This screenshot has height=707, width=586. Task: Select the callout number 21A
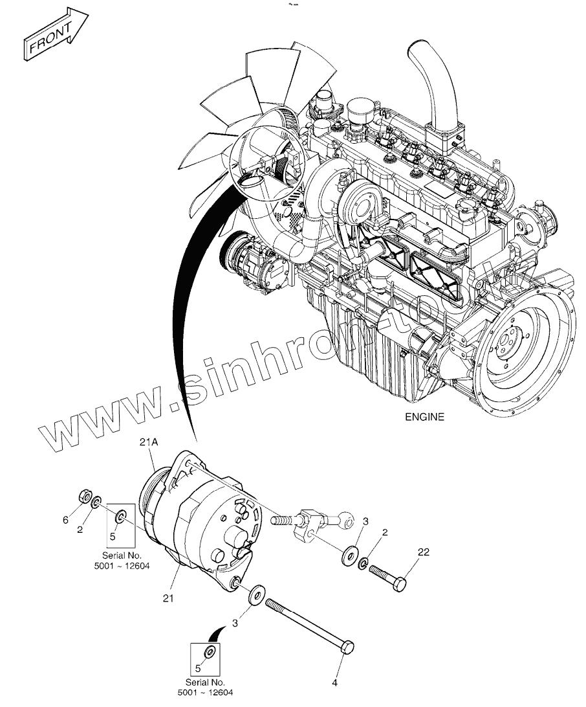[149, 442]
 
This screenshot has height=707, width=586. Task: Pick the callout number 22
[423, 552]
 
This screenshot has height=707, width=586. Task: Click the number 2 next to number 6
[80, 529]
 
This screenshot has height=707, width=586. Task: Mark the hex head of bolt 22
[400, 583]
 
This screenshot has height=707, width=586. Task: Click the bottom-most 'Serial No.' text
[205, 682]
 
